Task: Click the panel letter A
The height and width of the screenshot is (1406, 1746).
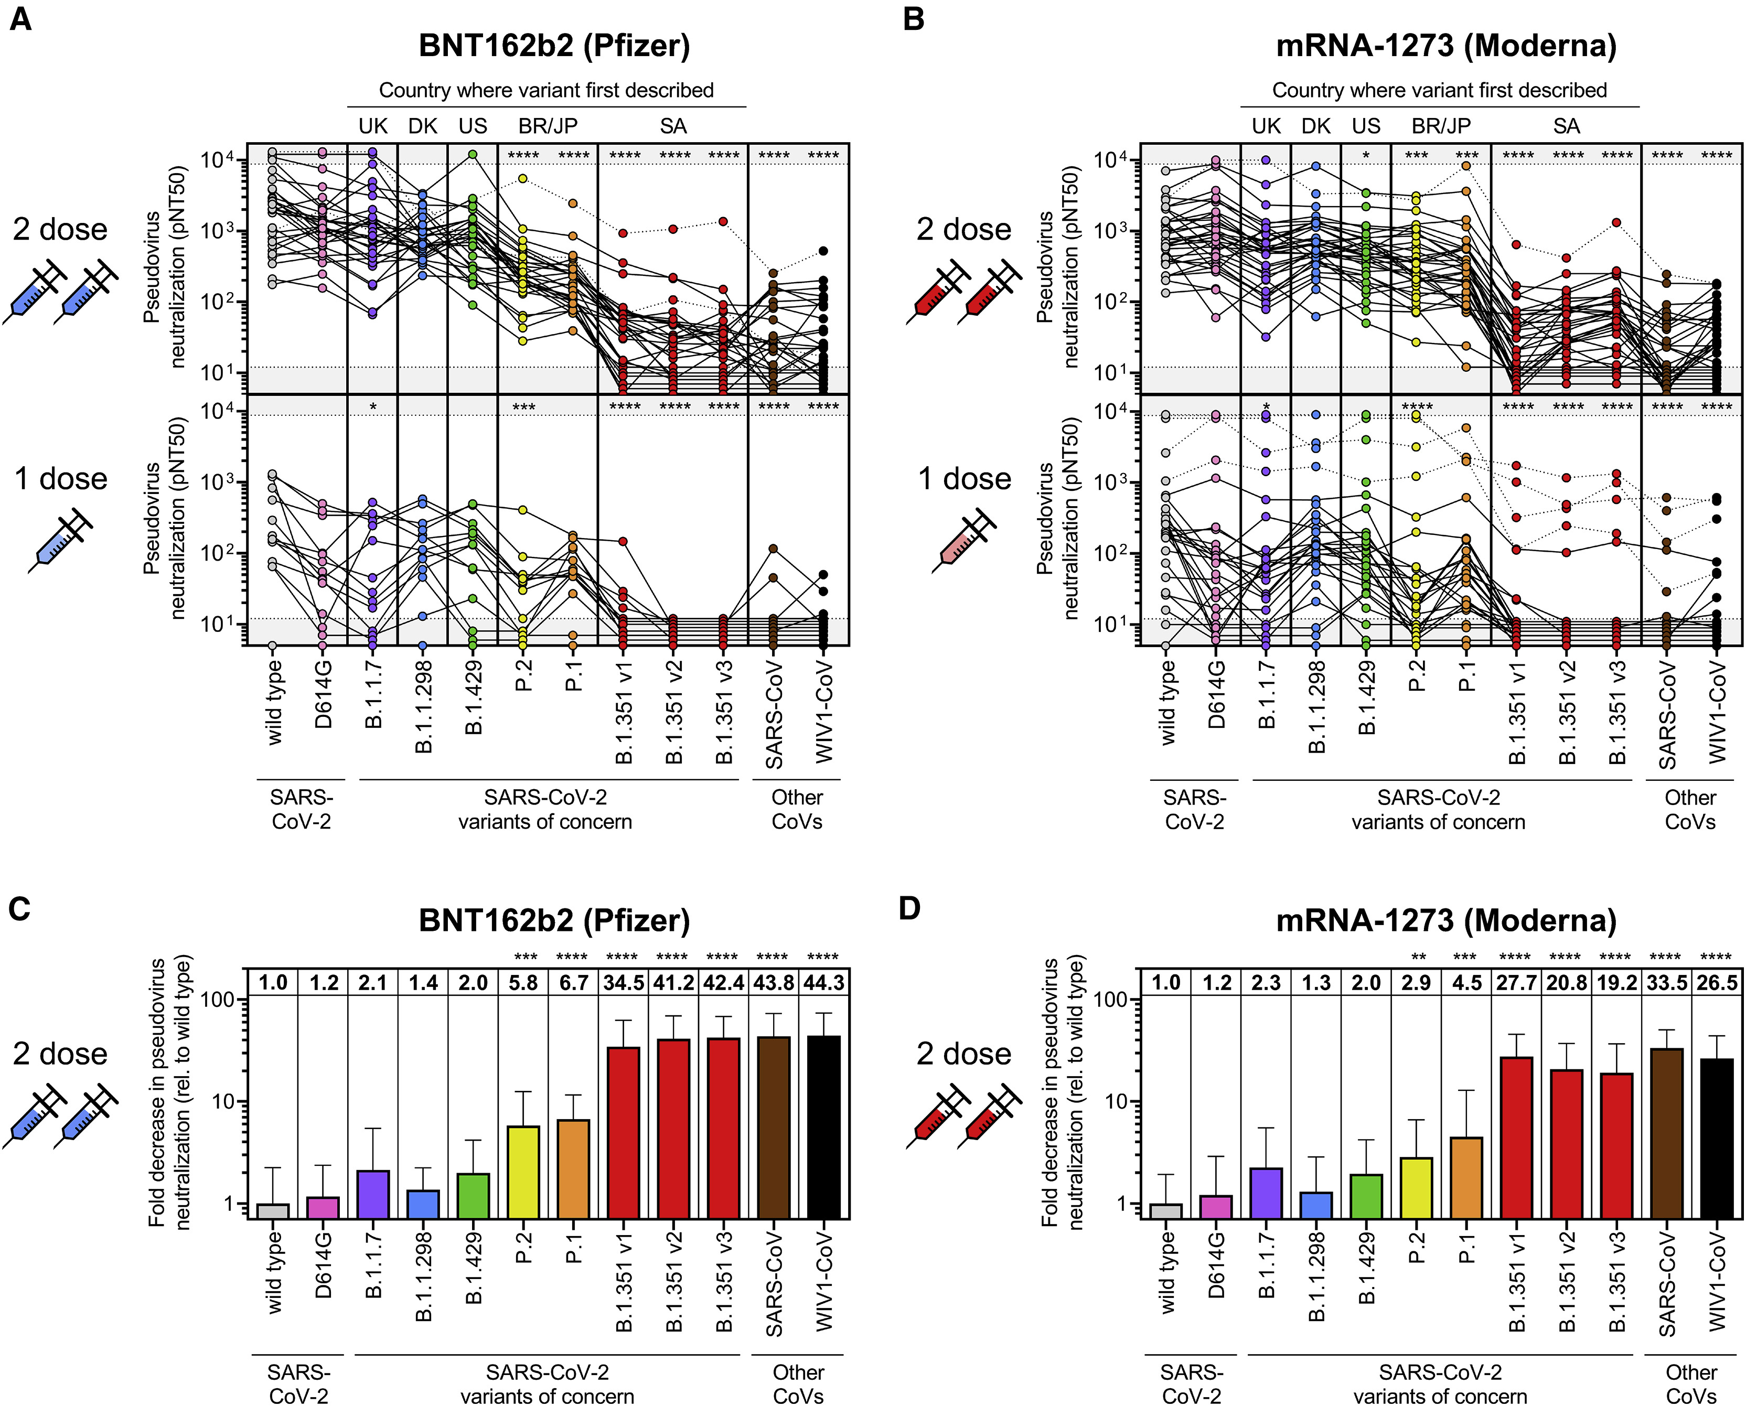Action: pyautogui.click(x=20, y=18)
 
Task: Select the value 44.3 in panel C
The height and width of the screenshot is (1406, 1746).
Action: pyautogui.click(x=823, y=982)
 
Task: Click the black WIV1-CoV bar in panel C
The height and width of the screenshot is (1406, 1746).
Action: pyautogui.click(x=823, y=1126)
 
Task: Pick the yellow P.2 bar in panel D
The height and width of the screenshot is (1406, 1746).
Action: pyautogui.click(x=1417, y=1187)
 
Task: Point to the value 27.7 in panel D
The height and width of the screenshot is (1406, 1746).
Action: pyautogui.click(x=1517, y=982)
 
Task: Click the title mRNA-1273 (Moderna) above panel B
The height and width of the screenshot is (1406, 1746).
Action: pyautogui.click(x=1445, y=45)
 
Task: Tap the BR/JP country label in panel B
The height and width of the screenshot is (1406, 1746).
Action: pyautogui.click(x=1441, y=126)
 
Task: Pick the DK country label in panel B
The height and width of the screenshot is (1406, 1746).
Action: pyautogui.click(x=1316, y=126)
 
